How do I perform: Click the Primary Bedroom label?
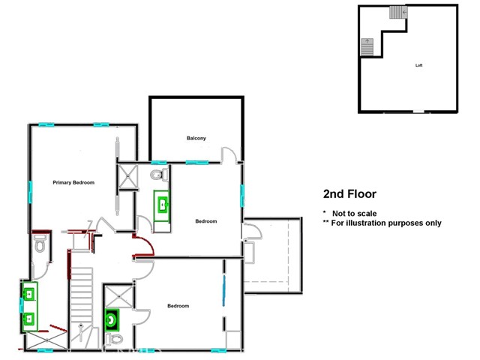pos(73,182)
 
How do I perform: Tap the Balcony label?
pos(196,138)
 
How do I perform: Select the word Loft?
pos(419,65)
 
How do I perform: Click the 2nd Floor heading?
pos(350,194)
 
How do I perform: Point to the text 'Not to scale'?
pos(353,213)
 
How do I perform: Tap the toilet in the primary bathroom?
pos(40,245)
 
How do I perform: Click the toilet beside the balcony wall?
pos(157,175)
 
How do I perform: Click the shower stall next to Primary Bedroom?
pos(127,178)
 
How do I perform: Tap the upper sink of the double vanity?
pos(29,293)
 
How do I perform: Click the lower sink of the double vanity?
pos(29,319)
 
